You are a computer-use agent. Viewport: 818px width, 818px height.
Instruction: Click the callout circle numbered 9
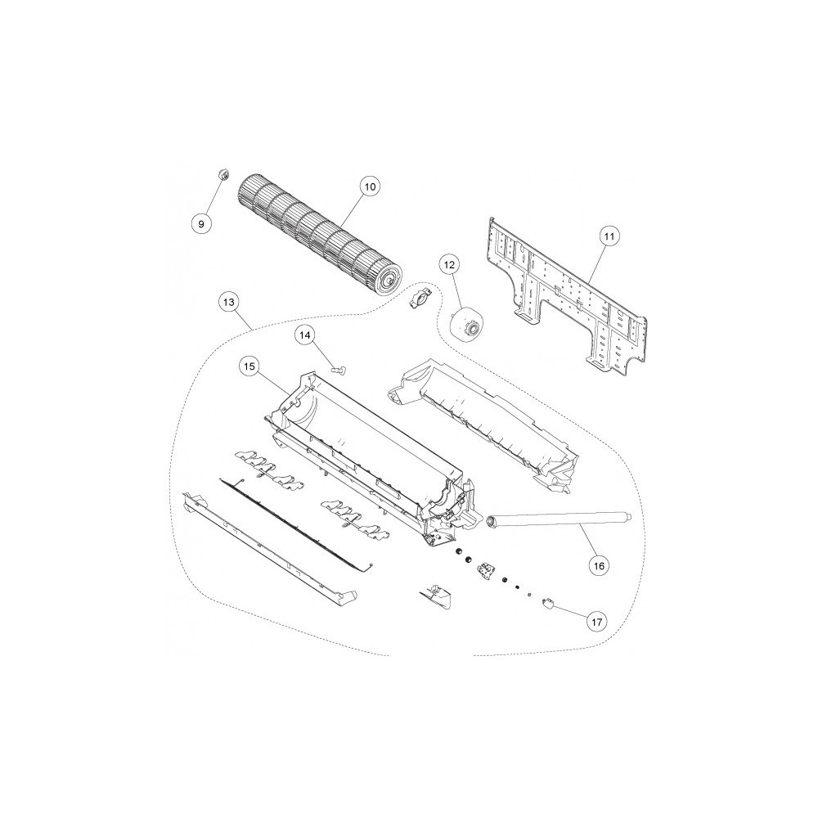[x=201, y=223]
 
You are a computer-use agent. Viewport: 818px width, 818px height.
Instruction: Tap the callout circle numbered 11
[x=609, y=236]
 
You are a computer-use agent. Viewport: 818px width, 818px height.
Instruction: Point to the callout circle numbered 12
[x=450, y=265]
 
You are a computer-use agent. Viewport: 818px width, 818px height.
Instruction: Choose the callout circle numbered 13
[x=228, y=302]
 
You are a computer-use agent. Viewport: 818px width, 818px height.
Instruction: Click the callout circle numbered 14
[x=304, y=335]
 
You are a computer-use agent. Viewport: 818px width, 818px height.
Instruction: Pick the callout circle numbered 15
[x=249, y=366]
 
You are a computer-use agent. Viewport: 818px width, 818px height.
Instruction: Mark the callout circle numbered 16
[x=599, y=565]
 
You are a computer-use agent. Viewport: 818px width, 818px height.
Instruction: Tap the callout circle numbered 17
[x=597, y=622]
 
